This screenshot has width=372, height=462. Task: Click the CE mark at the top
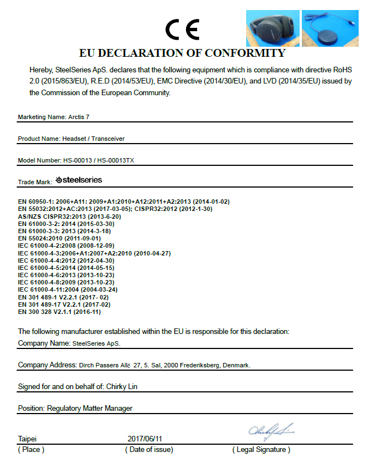pyautogui.click(x=183, y=30)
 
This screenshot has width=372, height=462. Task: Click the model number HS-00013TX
pyautogui.click(x=115, y=160)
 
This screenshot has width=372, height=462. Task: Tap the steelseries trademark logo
pyautogui.click(x=79, y=180)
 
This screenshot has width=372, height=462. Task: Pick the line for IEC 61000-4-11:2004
pyautogui.click(x=67, y=289)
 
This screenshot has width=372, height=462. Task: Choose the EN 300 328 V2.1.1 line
pyautogui.click(x=60, y=312)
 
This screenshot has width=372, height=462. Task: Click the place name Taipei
pyautogui.click(x=28, y=439)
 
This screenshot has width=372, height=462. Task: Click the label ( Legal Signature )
pyautogui.click(x=261, y=450)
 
